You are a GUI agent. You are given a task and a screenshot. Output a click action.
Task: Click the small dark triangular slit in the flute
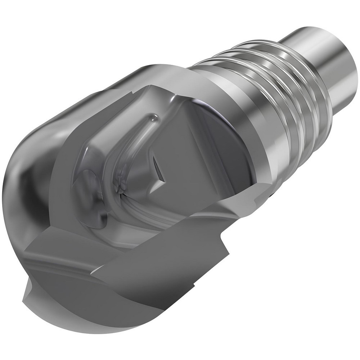point(158,166)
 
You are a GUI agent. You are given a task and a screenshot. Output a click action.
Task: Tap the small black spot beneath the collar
point(273,195)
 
